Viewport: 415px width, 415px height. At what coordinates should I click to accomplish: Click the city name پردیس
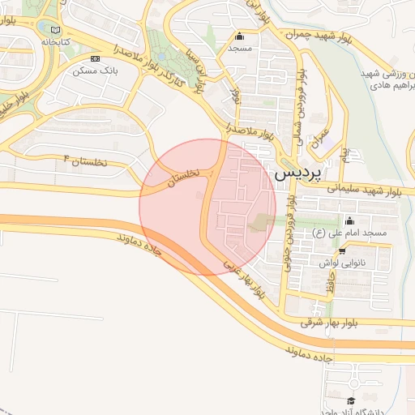tap(298, 173)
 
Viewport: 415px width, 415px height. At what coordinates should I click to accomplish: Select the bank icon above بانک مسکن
tap(96, 58)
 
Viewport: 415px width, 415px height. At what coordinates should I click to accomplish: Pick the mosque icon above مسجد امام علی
tap(349, 221)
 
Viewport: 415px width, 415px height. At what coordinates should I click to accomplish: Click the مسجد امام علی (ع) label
tap(349, 233)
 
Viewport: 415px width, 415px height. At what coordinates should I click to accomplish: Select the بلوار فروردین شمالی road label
tap(302, 102)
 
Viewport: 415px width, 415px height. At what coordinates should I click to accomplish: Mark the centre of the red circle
tap(207, 207)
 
